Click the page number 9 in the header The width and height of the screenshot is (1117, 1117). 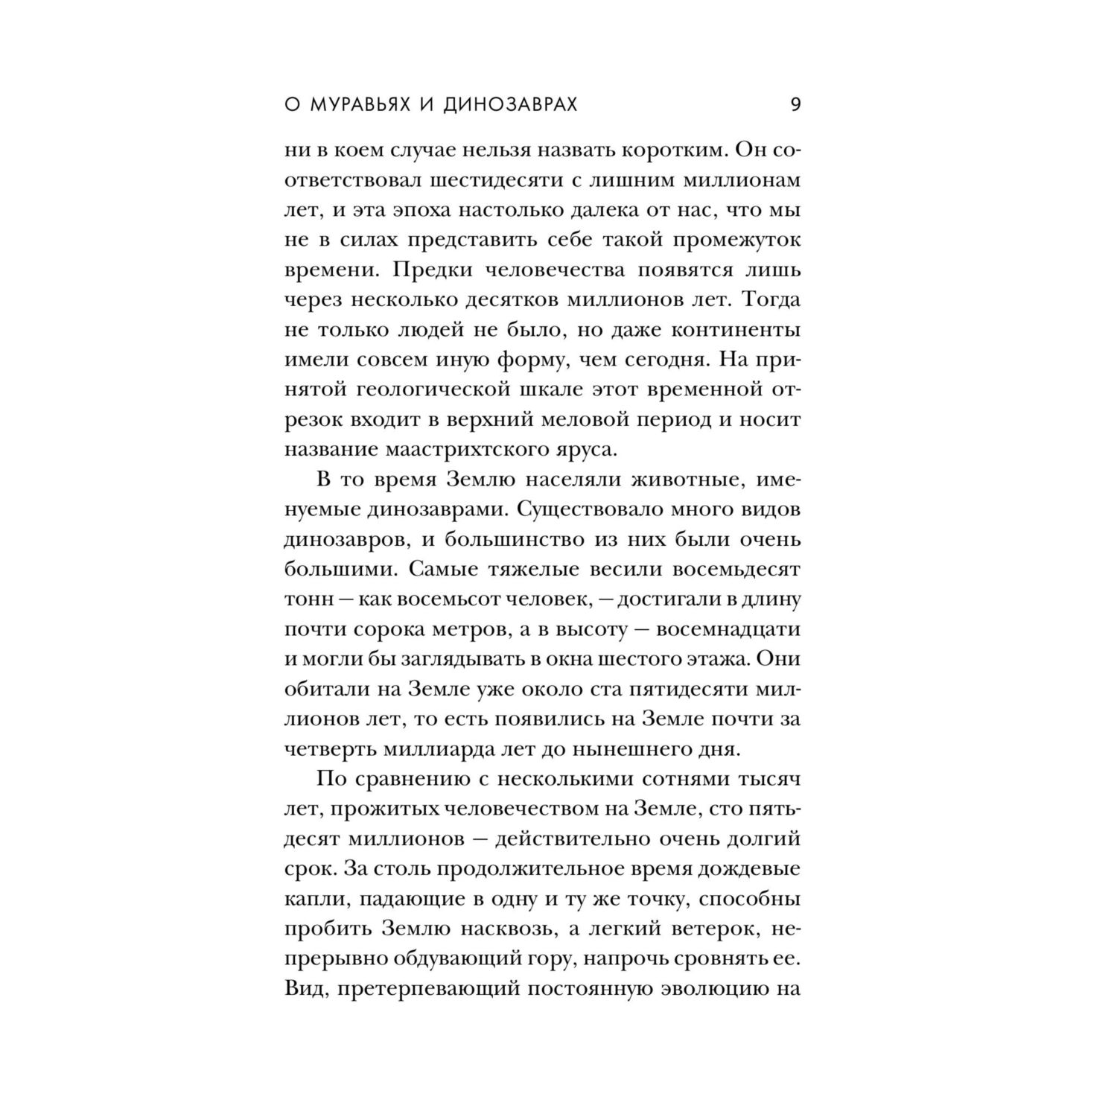[x=795, y=104]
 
